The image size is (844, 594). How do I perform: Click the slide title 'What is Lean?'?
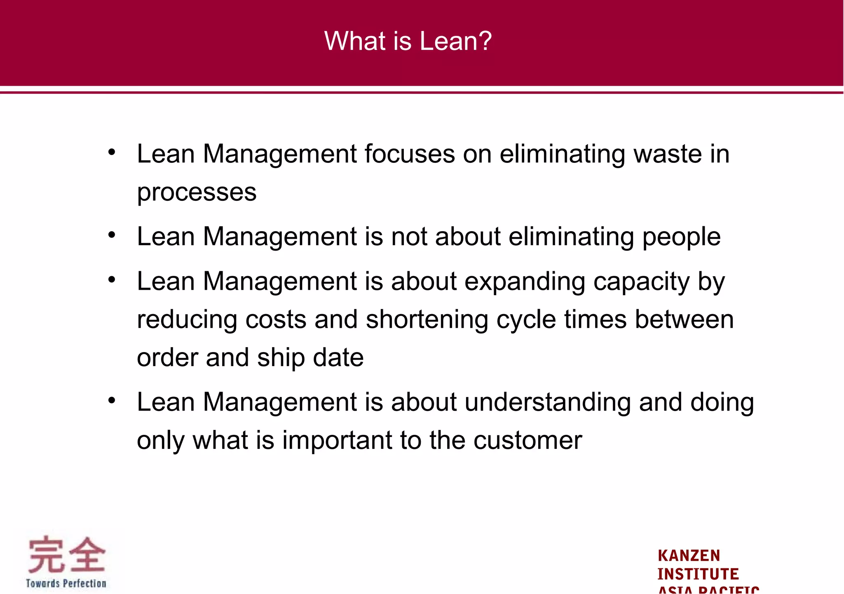click(x=408, y=41)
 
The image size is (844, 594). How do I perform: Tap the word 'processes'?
click(x=197, y=193)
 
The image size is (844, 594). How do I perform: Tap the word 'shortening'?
click(x=427, y=320)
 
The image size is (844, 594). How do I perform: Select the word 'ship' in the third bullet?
click(x=281, y=358)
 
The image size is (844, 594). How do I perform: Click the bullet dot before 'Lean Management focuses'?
click(x=112, y=153)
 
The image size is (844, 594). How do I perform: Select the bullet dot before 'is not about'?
click(x=112, y=235)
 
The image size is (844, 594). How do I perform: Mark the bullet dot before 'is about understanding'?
click(x=112, y=401)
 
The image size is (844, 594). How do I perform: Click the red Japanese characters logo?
click(x=66, y=554)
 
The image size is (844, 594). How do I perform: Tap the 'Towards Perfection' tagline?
click(x=66, y=583)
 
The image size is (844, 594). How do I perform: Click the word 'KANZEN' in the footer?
click(x=689, y=556)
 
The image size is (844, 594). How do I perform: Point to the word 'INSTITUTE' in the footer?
click(x=698, y=574)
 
